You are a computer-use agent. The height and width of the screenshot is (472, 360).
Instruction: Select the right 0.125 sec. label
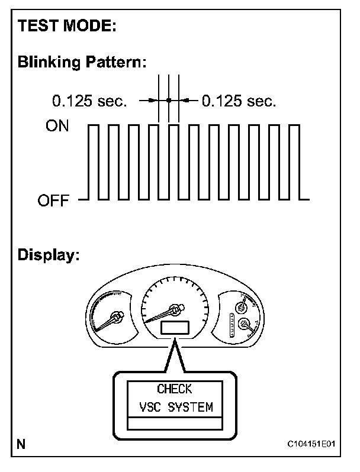[x=239, y=101]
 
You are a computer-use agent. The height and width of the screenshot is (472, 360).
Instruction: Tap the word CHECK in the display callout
[x=175, y=389]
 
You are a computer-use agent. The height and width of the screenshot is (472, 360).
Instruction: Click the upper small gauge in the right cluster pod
[x=241, y=306]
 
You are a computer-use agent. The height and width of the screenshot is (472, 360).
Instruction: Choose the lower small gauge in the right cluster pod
[x=243, y=324]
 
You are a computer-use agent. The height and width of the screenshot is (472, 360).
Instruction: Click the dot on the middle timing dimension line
[x=169, y=101]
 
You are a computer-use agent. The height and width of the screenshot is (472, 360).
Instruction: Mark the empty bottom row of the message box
[x=175, y=423]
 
